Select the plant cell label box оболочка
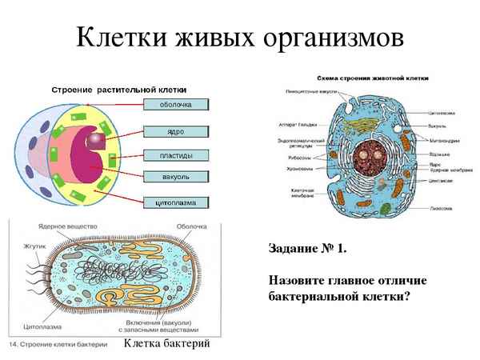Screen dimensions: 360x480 (x=176, y=104)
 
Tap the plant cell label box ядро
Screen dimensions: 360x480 (x=176, y=130)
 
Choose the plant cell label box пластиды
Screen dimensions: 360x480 (x=176, y=154)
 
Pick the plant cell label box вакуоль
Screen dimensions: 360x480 (x=176, y=175)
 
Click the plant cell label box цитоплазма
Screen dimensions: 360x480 (x=176, y=202)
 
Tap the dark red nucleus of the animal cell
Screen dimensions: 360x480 (x=370, y=154)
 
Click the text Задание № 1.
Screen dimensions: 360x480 (x=308, y=249)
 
